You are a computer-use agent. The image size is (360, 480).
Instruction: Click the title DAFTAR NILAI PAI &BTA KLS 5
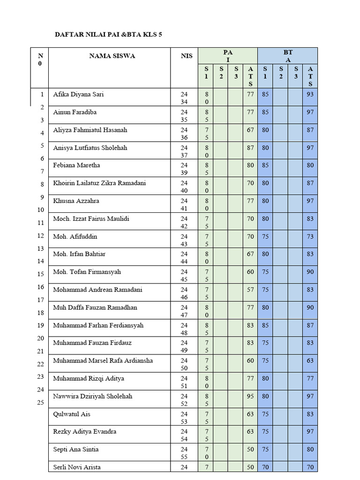109,35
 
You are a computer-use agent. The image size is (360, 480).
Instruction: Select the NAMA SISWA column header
112,56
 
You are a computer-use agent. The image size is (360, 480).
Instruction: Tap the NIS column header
184,56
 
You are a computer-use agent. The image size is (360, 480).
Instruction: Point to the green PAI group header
228,56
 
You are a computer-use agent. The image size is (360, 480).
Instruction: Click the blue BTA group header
288,56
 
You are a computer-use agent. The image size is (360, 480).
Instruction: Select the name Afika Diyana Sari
78,94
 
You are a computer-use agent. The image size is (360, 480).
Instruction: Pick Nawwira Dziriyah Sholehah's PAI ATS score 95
250,396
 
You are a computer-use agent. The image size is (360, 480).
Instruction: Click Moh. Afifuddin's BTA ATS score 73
310,237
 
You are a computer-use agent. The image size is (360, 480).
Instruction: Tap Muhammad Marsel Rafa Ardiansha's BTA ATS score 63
310,360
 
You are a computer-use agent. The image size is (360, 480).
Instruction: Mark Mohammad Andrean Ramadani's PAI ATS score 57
250,290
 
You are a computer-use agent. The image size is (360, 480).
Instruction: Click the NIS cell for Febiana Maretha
184,169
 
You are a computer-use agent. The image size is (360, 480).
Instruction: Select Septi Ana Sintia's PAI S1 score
206,453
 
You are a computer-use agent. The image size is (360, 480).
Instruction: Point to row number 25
40,402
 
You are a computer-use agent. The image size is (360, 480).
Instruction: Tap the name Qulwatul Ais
71,414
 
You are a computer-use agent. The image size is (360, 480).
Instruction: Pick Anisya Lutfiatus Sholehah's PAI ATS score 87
250,148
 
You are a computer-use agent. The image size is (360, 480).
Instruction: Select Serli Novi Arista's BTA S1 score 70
266,467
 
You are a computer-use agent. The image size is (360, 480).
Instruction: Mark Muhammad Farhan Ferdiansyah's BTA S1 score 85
266,325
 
